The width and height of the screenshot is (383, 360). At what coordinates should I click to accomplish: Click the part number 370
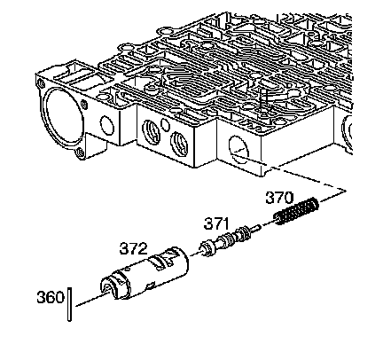[279, 198]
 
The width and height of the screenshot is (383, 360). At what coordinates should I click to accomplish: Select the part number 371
[216, 223]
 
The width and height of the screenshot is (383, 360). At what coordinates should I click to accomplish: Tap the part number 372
[133, 248]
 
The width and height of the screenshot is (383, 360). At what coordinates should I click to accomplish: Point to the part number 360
[51, 297]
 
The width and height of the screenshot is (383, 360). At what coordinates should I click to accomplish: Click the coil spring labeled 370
[297, 211]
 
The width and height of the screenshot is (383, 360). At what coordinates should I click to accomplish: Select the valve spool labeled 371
[229, 240]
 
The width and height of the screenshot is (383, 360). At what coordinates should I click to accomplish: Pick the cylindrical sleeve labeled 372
[145, 273]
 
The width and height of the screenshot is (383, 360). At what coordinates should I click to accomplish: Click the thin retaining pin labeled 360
[69, 304]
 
